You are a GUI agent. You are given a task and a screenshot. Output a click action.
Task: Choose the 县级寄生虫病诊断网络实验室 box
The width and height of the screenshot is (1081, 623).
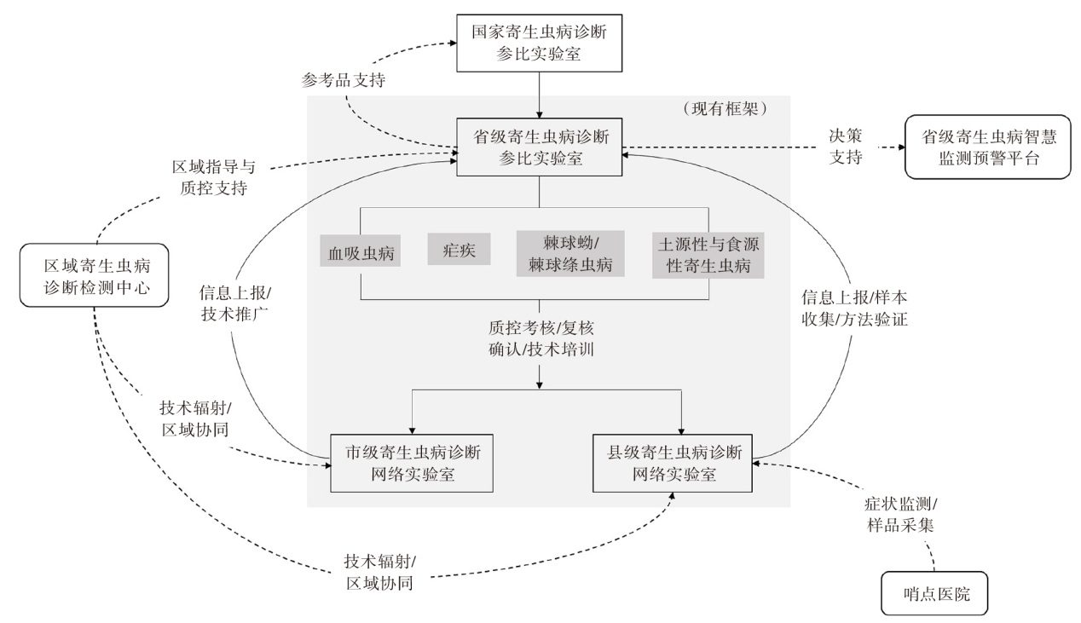[674, 462]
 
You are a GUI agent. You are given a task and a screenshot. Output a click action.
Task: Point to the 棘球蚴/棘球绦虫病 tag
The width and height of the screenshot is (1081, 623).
[570, 253]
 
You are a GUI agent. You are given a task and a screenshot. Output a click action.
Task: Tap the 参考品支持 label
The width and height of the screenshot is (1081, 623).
[344, 81]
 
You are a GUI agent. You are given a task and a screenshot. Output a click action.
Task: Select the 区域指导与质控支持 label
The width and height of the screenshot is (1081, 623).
[208, 176]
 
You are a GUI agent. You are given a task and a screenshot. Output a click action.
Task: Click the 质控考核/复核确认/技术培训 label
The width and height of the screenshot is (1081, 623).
[540, 338]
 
